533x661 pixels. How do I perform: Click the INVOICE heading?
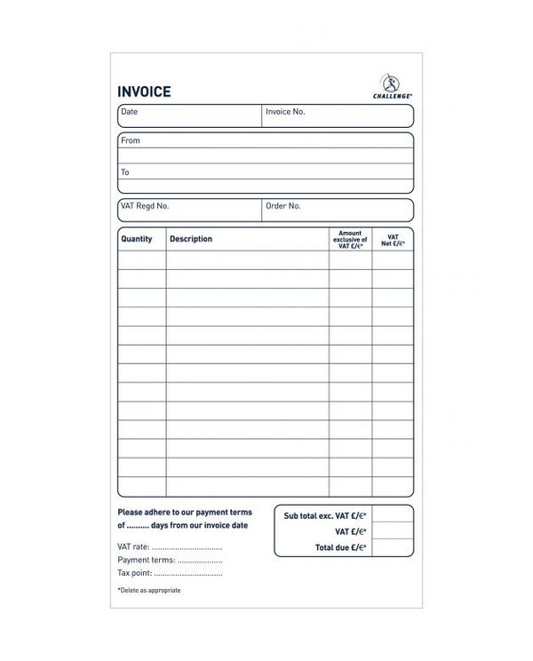pos(144,92)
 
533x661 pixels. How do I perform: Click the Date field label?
pos(130,112)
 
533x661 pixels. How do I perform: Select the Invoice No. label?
pos(285,112)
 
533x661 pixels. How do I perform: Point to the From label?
pos(131,140)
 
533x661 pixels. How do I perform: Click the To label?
pos(125,172)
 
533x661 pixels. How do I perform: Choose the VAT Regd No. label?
pos(144,206)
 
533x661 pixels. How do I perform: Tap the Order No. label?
pos(283,206)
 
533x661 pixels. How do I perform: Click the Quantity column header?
pos(137,239)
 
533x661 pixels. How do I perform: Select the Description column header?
pos(191,239)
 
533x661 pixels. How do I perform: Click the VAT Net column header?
pos(393,239)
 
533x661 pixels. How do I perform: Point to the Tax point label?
pos(135,573)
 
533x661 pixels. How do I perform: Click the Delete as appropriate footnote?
pos(149,591)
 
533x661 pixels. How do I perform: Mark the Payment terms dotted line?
pos(199,561)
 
